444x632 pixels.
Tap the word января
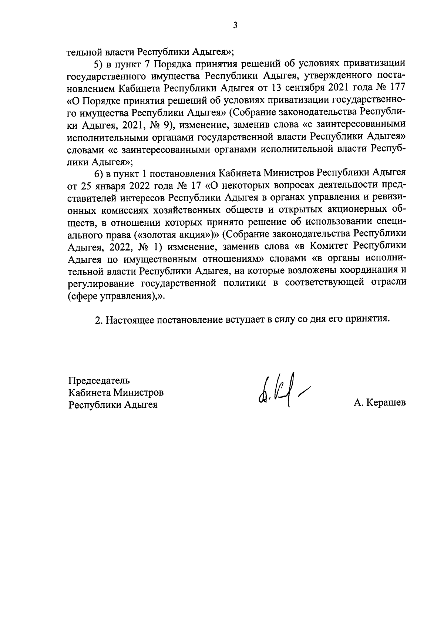[x=112, y=185]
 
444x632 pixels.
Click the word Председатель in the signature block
[x=99, y=380]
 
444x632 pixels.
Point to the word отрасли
[x=386, y=282]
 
